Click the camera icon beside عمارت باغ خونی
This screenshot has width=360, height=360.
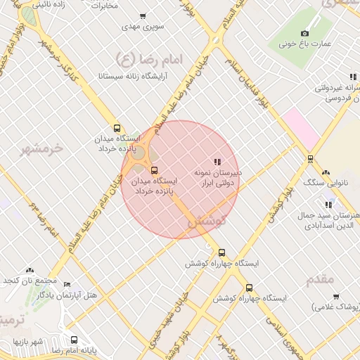pyautogui.click(x=304, y=33)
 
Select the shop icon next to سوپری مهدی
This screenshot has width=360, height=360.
pyautogui.click(x=143, y=16)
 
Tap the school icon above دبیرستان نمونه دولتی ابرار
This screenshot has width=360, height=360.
pyautogui.click(x=217, y=162)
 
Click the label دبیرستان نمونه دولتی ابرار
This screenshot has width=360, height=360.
pyautogui.click(x=218, y=177)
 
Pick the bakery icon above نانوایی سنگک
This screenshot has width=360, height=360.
pyautogui.click(x=325, y=172)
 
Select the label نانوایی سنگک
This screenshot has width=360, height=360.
pyautogui.click(x=324, y=183)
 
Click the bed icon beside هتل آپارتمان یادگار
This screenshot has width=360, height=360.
pyautogui.click(x=67, y=285)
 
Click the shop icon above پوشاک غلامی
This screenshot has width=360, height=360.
pyautogui.click(x=336, y=297)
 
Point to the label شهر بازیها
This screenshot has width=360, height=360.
pyautogui.click(x=27, y=342)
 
